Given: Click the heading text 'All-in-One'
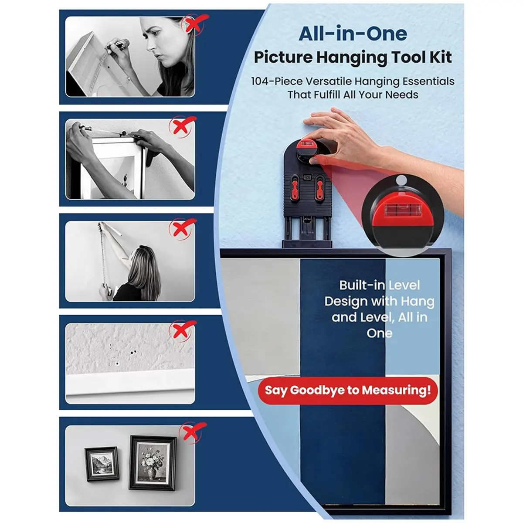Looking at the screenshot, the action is pyautogui.click(x=353, y=34).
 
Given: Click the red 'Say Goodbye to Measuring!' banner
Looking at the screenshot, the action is pyautogui.click(x=348, y=391).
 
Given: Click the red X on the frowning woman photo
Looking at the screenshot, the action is pyautogui.click(x=195, y=24).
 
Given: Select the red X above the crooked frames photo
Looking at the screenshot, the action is pyautogui.click(x=193, y=432).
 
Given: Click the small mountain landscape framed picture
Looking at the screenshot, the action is pyautogui.click(x=102, y=464).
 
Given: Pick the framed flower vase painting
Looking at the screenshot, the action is pyautogui.click(x=153, y=462).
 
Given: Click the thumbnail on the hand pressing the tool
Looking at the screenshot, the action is pyautogui.click(x=313, y=162).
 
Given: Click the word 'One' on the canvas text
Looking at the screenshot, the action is pyautogui.click(x=380, y=333).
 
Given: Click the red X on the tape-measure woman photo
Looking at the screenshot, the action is pyautogui.click(x=183, y=228).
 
